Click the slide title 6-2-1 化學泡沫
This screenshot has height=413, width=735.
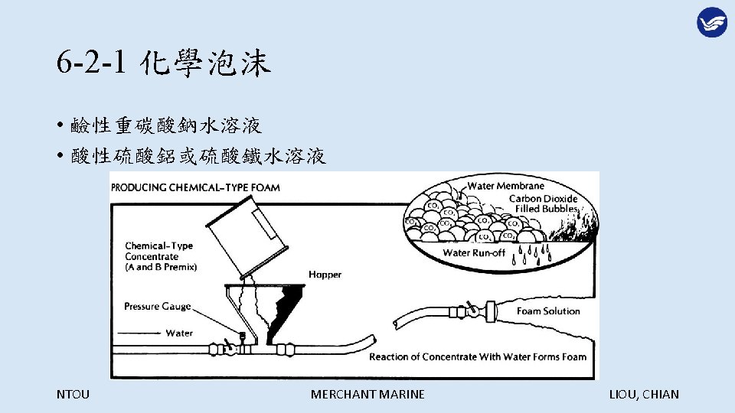click(x=163, y=64)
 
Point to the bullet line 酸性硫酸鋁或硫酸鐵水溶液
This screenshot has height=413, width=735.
click(x=198, y=157)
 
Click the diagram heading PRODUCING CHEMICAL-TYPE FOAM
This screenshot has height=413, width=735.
click(x=196, y=187)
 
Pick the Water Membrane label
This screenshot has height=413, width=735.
click(x=506, y=185)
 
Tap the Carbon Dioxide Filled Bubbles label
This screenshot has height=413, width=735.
click(x=545, y=203)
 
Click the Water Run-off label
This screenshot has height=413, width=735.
click(x=475, y=253)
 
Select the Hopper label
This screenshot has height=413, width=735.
click(x=325, y=274)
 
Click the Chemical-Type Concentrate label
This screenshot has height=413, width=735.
click(x=160, y=256)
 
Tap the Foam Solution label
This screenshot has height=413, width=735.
click(x=548, y=311)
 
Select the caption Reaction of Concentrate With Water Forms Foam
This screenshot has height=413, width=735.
click(x=478, y=356)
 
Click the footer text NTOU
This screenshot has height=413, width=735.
click(x=73, y=395)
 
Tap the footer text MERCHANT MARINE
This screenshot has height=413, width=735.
click(x=367, y=395)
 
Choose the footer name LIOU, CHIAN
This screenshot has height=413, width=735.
click(x=643, y=395)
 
